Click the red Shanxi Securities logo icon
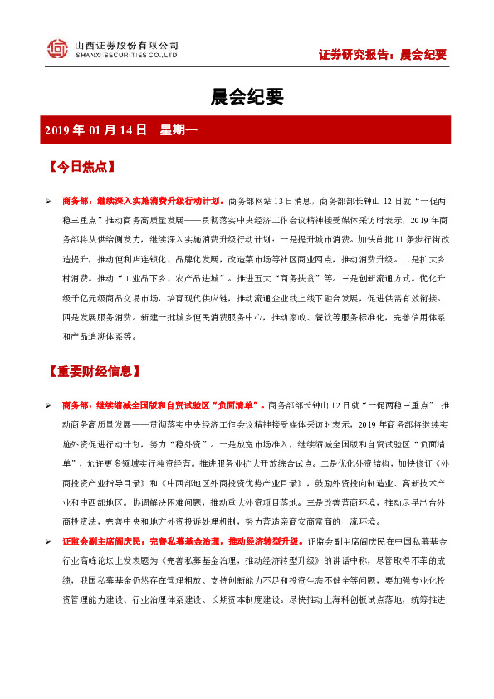point(56,49)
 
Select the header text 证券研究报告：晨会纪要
point(383,55)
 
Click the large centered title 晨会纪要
point(247,97)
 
